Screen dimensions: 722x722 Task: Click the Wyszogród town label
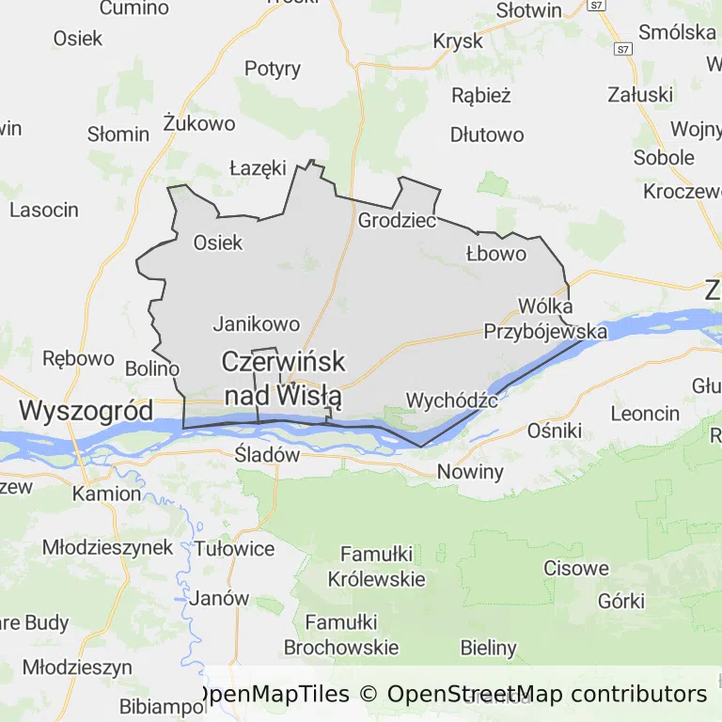pyautogui.click(x=86, y=411)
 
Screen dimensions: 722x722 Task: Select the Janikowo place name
pyautogui.click(x=257, y=324)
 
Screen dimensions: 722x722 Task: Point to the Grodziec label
pyautogui.click(x=397, y=222)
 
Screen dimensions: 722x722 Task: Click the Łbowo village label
pyautogui.click(x=496, y=254)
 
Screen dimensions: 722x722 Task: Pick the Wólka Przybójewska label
pyautogui.click(x=545, y=318)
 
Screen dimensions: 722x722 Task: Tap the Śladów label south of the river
pyautogui.click(x=267, y=455)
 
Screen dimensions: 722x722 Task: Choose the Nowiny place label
pyautogui.click(x=469, y=472)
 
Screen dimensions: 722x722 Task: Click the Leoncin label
pyautogui.click(x=645, y=413)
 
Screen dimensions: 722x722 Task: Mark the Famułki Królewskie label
pyautogui.click(x=376, y=566)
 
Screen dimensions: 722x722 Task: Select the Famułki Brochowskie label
pyautogui.click(x=341, y=635)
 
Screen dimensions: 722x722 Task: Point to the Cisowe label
pyautogui.click(x=576, y=569)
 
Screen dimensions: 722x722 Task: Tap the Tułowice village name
pyautogui.click(x=234, y=549)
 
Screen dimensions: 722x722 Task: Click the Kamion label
pyautogui.click(x=106, y=494)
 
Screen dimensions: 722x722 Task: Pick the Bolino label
pyautogui.click(x=151, y=369)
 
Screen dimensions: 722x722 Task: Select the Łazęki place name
pyautogui.click(x=258, y=169)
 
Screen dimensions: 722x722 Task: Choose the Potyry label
pyautogui.click(x=273, y=69)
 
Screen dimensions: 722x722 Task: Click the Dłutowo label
pyautogui.click(x=487, y=134)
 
